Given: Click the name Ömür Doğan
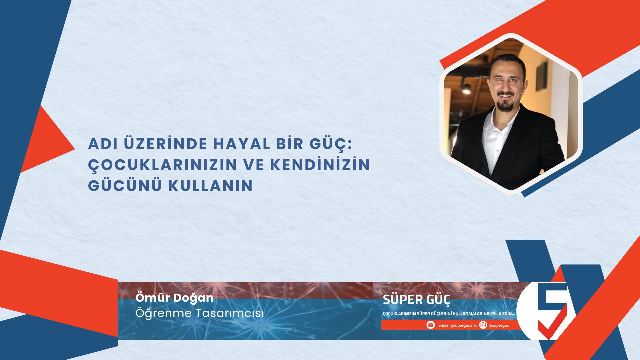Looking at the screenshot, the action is click(x=174, y=298).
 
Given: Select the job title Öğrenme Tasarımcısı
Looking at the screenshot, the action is click(x=199, y=313).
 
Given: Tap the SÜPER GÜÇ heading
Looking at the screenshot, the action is click(x=416, y=300).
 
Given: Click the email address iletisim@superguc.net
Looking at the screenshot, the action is click(x=456, y=325).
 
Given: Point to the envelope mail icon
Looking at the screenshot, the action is click(x=430, y=325).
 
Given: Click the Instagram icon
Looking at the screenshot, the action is click(x=483, y=325).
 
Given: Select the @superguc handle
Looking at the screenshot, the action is click(x=499, y=325).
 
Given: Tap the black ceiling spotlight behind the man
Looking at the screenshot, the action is click(x=466, y=88).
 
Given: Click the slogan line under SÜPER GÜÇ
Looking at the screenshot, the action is click(x=449, y=314).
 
